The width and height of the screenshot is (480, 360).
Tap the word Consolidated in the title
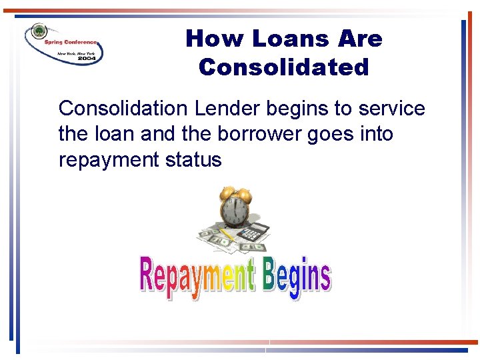tap(283, 67)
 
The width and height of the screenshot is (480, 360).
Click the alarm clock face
tap(235, 213)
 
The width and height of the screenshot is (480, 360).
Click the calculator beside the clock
tap(253, 232)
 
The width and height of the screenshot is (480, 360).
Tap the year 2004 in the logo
tap(87, 58)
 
